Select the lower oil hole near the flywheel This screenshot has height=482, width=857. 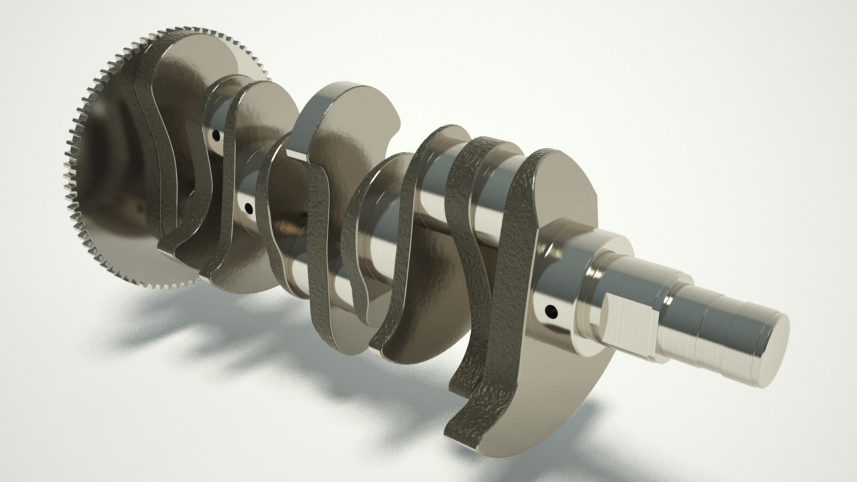[x=249, y=208]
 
